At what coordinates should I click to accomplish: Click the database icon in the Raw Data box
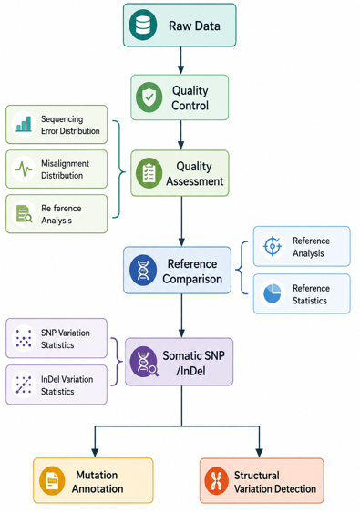coord(143,26)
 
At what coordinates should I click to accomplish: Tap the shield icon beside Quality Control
coord(149,97)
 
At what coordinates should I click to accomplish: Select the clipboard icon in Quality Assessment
coord(149,173)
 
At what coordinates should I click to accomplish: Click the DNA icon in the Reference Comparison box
coord(143,271)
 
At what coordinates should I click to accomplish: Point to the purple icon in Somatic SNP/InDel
coord(144,362)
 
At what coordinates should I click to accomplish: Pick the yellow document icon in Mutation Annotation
coord(52,480)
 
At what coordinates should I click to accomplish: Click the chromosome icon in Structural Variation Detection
coord(216,480)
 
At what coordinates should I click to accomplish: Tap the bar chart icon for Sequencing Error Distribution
coord(24,124)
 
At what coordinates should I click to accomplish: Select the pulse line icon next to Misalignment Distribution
coord(24,169)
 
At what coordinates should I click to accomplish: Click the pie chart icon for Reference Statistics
coord(273,293)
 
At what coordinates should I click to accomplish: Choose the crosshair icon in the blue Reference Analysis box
coord(273,246)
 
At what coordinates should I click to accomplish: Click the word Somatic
coord(180,355)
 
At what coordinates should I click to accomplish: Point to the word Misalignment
coord(65,164)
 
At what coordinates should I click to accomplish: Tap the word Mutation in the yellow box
coord(97,475)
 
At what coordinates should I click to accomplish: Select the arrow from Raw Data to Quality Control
coord(180,60)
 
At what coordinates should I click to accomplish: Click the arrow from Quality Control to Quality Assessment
coord(180,135)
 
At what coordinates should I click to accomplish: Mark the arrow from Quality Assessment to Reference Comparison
coord(181,221)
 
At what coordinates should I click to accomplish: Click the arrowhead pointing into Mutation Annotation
coord(95,453)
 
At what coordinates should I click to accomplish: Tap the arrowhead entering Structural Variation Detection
coord(259,453)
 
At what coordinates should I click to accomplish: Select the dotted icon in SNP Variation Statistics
coord(24,338)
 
